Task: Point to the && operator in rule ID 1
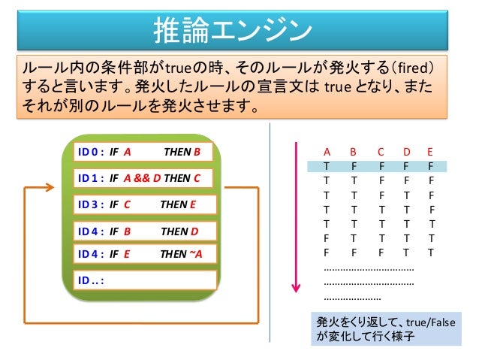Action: (144, 178)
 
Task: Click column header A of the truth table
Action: (327, 151)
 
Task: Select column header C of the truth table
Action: (381, 151)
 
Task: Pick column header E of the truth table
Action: (429, 151)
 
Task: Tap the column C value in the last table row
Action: (381, 253)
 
